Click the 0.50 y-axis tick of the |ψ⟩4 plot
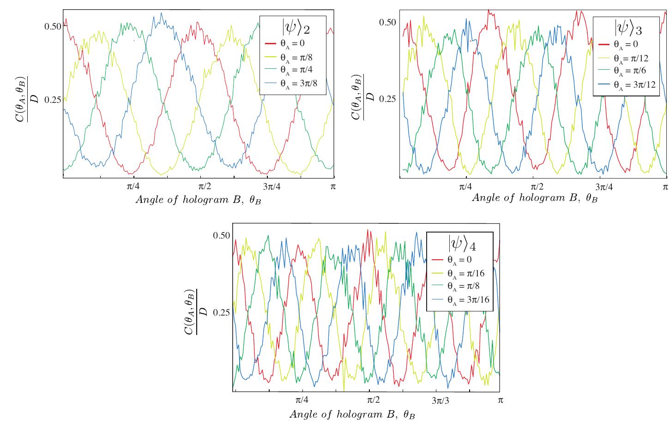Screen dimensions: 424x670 [222, 235]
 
